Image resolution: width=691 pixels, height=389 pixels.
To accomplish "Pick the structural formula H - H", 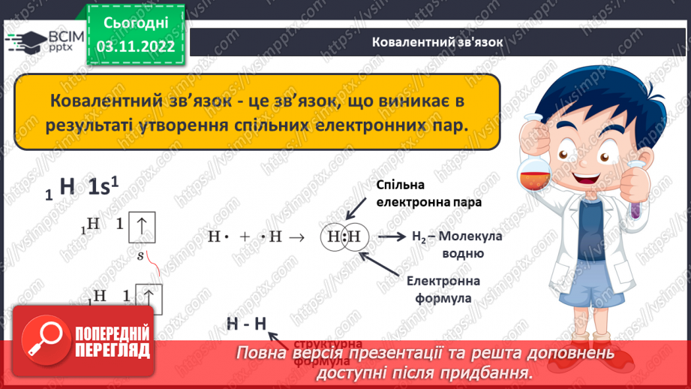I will tap(247, 324).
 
